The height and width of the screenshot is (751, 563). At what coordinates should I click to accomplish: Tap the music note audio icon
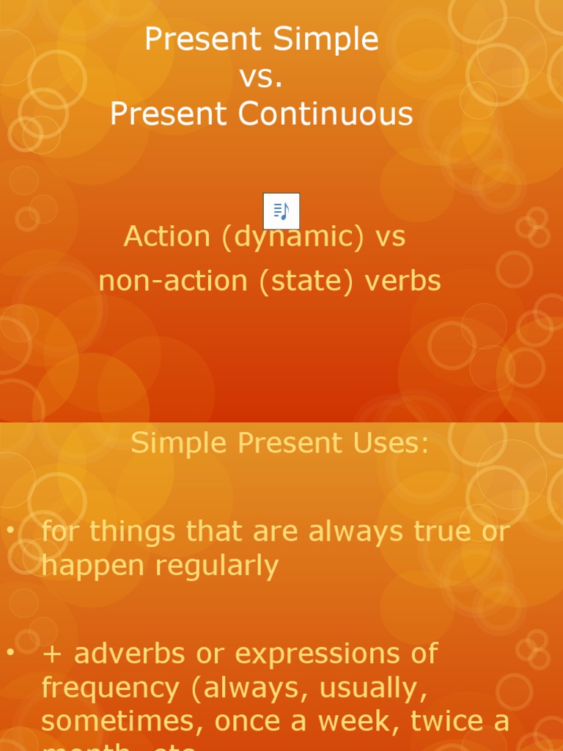(x=281, y=211)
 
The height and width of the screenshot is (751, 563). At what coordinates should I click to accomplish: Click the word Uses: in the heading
(x=391, y=443)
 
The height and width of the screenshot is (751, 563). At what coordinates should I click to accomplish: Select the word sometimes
(x=122, y=722)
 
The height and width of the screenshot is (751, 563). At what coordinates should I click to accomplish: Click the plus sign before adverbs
(x=51, y=653)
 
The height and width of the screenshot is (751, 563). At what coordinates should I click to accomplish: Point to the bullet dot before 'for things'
(x=10, y=530)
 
